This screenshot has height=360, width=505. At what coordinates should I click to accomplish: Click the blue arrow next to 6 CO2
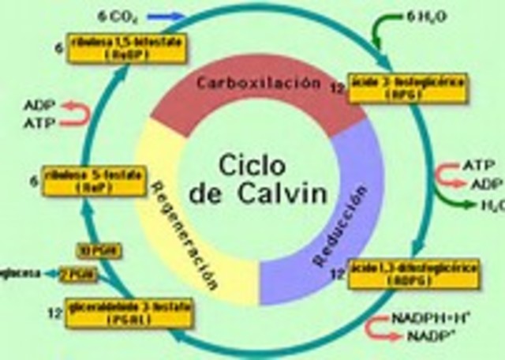pyautogui.click(x=166, y=16)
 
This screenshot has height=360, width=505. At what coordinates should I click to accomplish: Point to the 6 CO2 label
pyautogui.click(x=117, y=15)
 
